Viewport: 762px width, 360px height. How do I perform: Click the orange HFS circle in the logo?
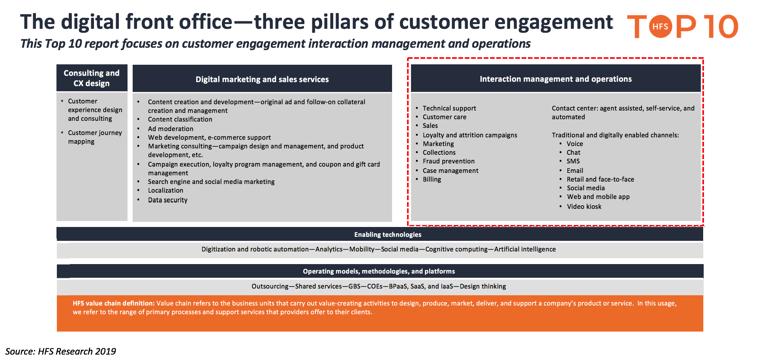[660, 26]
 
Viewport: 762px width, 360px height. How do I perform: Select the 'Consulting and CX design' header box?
[92, 78]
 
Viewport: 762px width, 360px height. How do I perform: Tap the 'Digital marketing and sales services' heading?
[262, 79]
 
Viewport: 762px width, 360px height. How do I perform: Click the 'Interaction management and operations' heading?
[556, 79]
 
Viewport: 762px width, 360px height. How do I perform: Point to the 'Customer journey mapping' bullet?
[95, 137]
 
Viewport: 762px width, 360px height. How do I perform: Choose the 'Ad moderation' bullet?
[171, 129]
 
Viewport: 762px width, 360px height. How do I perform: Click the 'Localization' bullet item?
[165, 190]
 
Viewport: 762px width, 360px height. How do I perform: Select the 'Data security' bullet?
[168, 200]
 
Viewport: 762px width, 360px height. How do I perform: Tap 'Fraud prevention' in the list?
[449, 161]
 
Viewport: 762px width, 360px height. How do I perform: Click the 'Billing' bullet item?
[432, 179]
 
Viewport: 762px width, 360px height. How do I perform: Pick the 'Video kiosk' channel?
[584, 206]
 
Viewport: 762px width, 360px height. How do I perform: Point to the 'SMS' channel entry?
[573, 161]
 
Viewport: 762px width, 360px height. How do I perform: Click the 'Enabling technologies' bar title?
[388, 234]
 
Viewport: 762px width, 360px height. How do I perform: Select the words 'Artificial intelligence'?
[525, 249]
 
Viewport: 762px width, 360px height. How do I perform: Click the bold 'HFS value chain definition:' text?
[114, 303]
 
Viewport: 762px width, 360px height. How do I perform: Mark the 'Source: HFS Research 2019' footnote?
[60, 351]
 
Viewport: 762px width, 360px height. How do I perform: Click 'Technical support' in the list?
[449, 108]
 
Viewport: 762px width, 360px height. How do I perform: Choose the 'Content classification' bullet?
[180, 119]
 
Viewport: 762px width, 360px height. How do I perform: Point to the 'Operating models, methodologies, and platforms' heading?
[379, 271]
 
